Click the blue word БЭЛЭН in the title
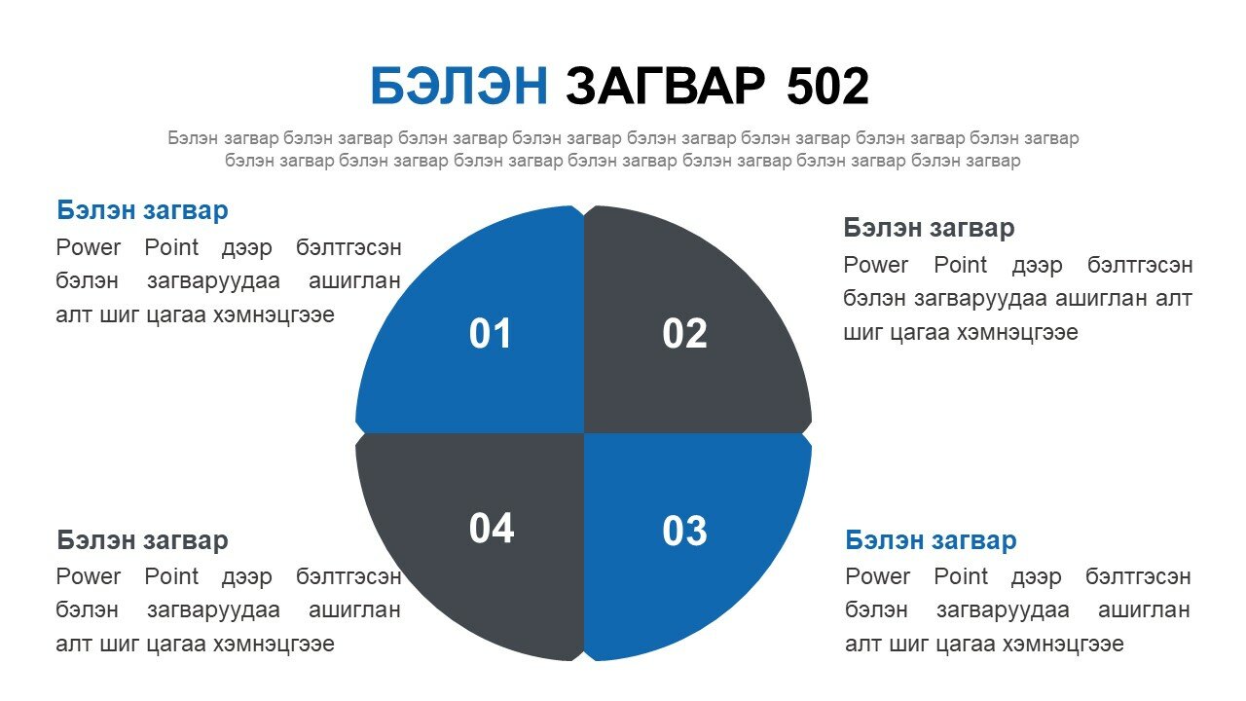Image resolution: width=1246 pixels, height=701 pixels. click(459, 86)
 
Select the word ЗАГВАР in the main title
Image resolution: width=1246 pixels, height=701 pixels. click(666, 86)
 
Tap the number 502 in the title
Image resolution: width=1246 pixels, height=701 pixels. click(827, 87)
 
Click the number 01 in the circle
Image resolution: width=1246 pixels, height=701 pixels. click(490, 334)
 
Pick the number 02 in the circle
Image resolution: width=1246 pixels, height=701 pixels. click(684, 334)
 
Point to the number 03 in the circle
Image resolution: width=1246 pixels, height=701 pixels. click(684, 531)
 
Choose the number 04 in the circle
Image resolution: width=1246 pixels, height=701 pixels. click(492, 528)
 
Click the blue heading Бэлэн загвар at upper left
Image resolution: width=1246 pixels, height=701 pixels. click(142, 211)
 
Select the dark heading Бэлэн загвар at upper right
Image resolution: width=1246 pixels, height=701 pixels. click(929, 228)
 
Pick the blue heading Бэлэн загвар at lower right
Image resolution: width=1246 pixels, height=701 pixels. click(931, 540)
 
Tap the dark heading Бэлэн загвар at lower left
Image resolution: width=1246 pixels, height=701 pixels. click(142, 540)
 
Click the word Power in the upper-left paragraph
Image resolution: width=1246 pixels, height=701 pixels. click(89, 247)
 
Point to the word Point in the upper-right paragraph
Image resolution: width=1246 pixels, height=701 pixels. click(960, 265)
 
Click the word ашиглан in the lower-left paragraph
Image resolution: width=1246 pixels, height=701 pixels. click(354, 610)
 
